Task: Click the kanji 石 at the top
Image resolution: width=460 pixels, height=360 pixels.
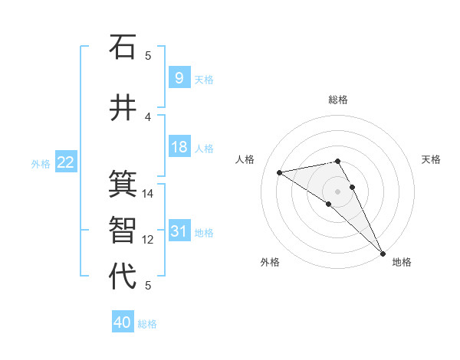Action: pos(123,47)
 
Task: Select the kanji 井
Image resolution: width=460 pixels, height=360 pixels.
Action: pos(123,107)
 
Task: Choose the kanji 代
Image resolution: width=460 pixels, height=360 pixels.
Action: pos(123,277)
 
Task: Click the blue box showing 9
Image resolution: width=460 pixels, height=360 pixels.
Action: pos(179,77)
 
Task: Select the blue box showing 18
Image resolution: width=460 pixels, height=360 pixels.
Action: pos(179,147)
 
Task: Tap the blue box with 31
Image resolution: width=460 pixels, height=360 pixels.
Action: pos(179,231)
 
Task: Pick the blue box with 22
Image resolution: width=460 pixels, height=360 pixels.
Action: pos(65,162)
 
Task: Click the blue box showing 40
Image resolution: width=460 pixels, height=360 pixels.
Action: pos(123,322)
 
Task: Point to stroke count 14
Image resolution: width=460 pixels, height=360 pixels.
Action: pos(149,194)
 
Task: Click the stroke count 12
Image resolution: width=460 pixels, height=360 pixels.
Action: pos(149,240)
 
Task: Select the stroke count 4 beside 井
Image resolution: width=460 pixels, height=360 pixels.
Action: pos(149,116)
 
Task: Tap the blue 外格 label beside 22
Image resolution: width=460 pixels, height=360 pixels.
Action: pos(41,163)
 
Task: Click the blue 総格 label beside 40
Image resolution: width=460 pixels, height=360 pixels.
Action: pos(147,324)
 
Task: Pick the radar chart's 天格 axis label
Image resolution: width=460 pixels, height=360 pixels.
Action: pos(431,159)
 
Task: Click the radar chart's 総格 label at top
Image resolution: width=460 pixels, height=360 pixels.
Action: pos(338,100)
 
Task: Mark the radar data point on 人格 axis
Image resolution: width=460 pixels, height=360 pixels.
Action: pos(280,172)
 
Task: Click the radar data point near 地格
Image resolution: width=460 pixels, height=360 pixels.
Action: pos(383,252)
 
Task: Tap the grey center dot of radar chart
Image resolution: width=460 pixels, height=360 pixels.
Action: pos(338,191)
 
